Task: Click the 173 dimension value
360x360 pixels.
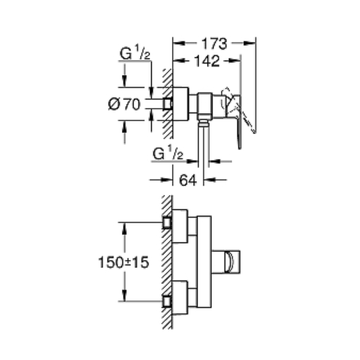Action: (215, 44)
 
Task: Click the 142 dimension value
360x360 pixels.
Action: (207, 61)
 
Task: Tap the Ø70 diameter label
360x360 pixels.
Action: (124, 105)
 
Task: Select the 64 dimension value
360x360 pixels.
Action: (188, 180)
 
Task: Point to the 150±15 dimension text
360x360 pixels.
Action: (124, 263)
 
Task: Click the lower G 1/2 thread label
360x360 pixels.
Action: (168, 153)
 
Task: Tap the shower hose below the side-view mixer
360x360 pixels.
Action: (204, 145)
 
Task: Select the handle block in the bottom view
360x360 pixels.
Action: (225, 263)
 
